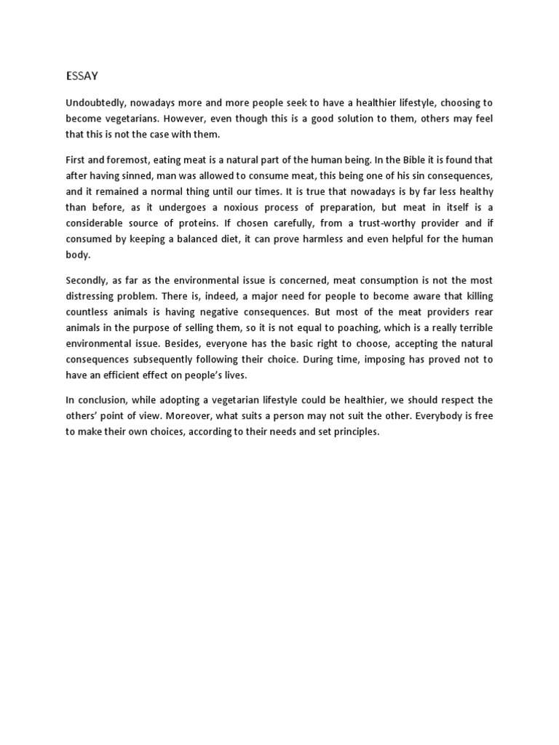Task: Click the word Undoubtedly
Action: pos(95,103)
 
